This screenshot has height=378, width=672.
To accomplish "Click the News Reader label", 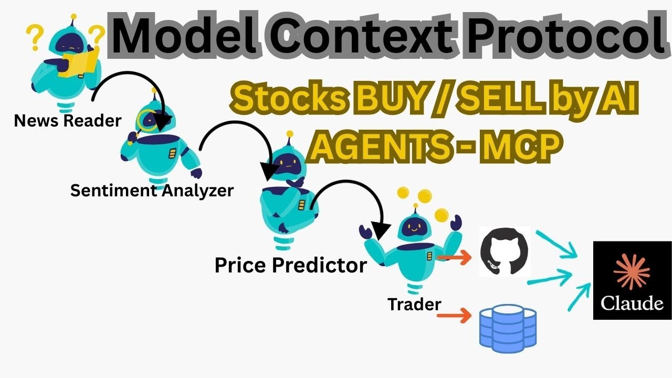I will pos(68,121).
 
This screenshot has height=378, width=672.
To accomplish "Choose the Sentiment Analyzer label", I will pos(152,190).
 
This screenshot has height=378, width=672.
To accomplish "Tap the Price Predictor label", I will pos(290,265).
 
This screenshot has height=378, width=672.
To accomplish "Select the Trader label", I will pos(414,303).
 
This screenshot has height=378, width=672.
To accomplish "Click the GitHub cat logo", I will pos(505,252).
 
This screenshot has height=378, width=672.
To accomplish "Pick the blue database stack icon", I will pos(508,327).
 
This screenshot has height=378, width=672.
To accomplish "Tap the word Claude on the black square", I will pos(632,303).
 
